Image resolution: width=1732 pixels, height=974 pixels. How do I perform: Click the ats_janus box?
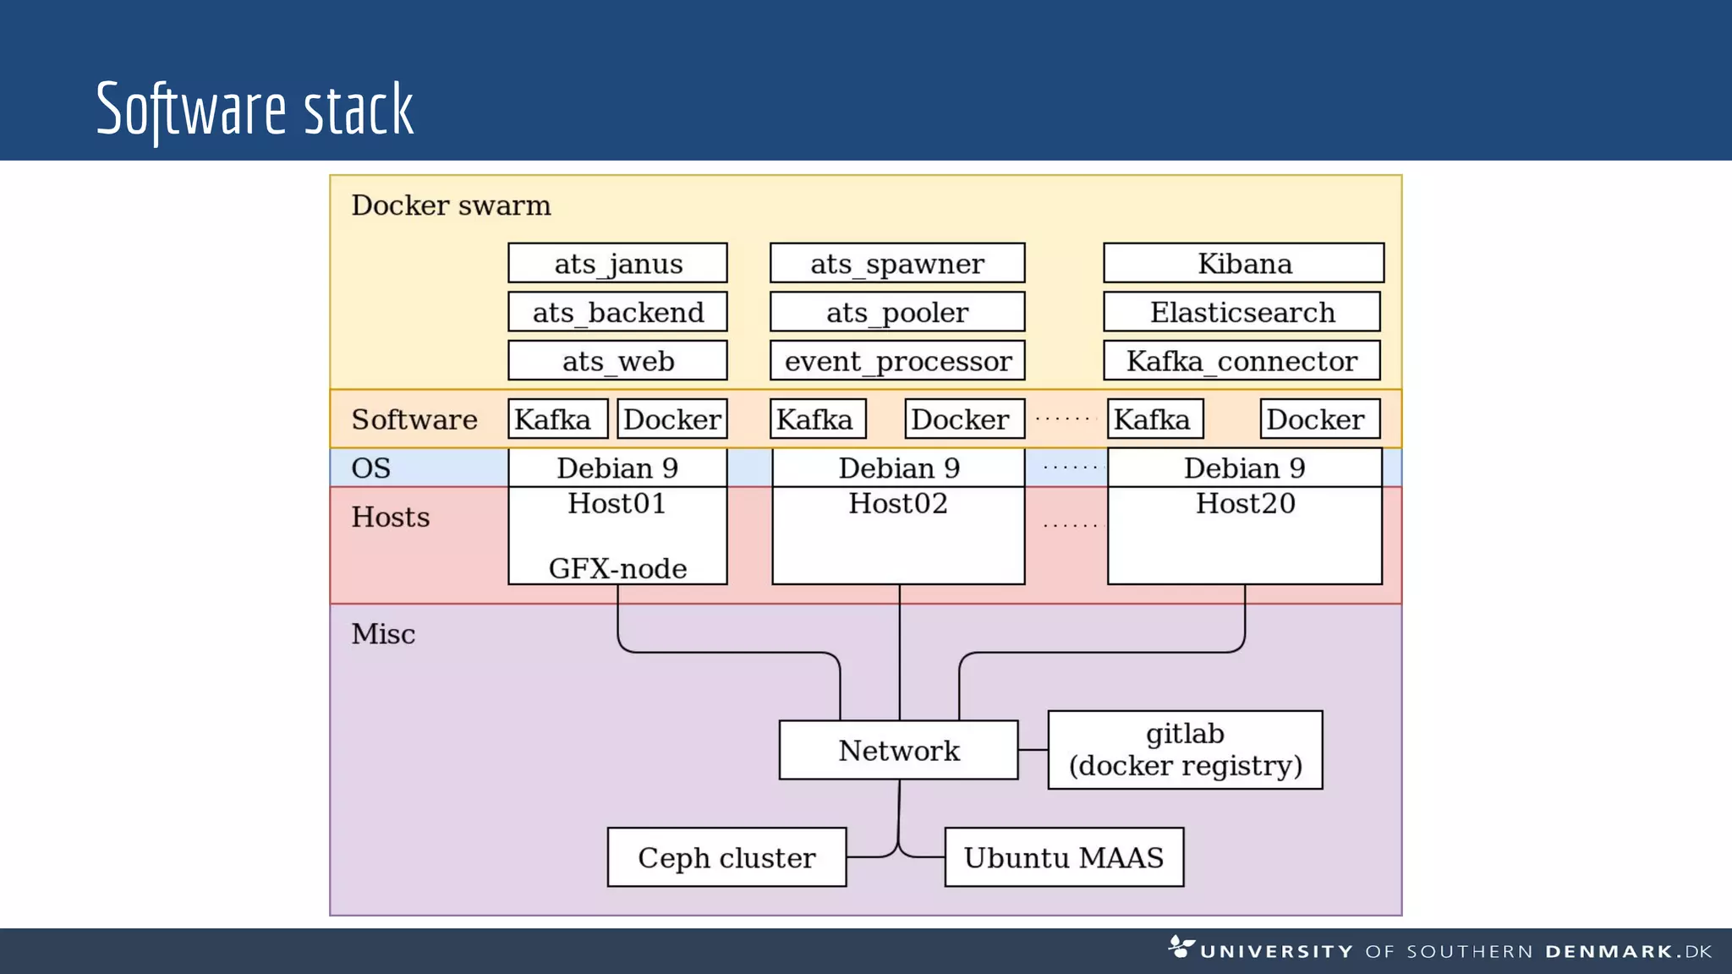point(617,263)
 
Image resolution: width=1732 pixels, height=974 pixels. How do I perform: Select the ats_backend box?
point(617,312)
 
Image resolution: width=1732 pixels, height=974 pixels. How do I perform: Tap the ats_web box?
point(617,361)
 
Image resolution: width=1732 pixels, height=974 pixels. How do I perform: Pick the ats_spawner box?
point(897,263)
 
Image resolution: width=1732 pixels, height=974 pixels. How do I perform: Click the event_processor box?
point(897,361)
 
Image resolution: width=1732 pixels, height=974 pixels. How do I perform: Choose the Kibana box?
point(1243,263)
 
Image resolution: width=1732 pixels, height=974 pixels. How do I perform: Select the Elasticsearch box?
point(1241,312)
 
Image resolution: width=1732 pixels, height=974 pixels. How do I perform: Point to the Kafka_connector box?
point(1241,361)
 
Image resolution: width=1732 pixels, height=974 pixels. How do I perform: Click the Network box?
point(898,750)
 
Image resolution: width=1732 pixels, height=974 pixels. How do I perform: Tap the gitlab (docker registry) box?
point(1185,750)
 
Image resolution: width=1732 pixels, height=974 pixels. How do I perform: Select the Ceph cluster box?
point(726,857)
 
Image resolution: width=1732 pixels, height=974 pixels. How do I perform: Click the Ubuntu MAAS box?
point(1063,857)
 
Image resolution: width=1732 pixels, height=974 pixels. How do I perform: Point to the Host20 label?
point(1245,504)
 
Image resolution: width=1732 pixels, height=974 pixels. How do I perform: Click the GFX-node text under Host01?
point(617,568)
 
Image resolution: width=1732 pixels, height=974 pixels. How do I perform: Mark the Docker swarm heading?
point(451,205)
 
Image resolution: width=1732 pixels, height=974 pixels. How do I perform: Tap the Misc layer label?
point(383,634)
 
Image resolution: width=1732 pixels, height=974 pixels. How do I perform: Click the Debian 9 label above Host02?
point(898,468)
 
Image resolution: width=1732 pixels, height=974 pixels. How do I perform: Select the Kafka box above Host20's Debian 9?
point(1154,419)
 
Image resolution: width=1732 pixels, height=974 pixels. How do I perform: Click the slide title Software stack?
point(255,110)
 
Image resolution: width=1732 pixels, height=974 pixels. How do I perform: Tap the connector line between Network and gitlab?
point(1033,750)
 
